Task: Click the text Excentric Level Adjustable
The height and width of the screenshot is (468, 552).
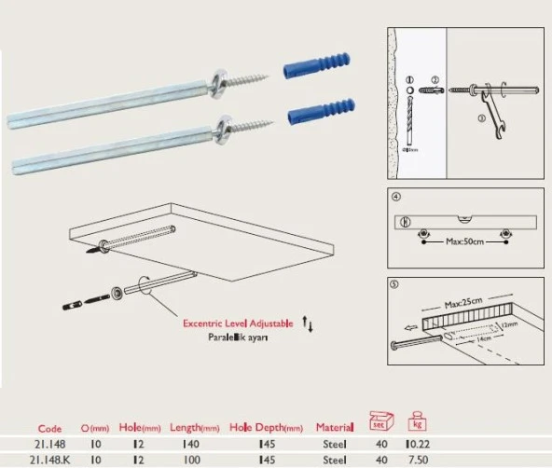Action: tap(238, 322)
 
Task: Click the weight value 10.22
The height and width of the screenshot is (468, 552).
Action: tap(419, 444)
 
